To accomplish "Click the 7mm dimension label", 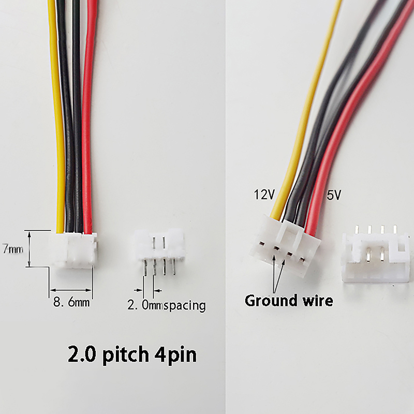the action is tap(12, 249).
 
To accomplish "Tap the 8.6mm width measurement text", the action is tap(71, 302).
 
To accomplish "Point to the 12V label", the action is tap(264, 195).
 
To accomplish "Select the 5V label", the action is tap(334, 195).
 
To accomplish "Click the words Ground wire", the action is tap(289, 301).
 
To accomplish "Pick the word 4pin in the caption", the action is tap(175, 354).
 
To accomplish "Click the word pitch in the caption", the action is tap(126, 354).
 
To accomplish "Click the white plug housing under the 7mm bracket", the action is tap(72, 250).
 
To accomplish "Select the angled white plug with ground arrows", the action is tap(285, 245).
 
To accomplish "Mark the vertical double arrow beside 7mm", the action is tap(29, 249).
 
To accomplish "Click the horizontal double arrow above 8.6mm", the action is tap(71, 290).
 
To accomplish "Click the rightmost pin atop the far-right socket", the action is tap(395, 229).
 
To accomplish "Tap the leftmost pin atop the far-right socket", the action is tap(357, 229).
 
